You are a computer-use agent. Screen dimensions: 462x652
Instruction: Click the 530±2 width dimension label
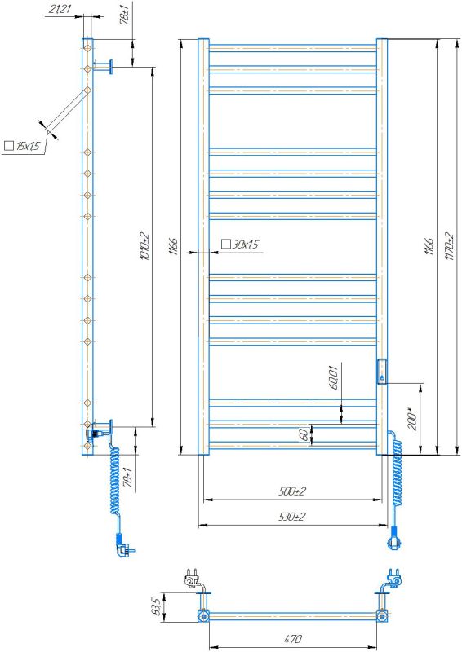pos(291,517)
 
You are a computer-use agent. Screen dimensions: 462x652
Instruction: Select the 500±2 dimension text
pos(291,491)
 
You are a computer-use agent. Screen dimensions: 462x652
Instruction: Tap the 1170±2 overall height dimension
pos(449,246)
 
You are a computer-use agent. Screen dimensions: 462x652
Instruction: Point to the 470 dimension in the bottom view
pos(292,639)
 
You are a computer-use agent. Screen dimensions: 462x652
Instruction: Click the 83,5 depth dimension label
pos(157,607)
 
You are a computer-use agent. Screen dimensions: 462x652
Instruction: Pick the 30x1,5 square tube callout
pos(240,244)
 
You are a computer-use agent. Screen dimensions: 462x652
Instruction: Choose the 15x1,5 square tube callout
pos(22,146)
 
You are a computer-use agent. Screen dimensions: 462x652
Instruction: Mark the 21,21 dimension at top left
pos(60,9)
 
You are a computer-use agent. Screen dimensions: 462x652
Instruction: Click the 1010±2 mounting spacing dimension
pos(144,246)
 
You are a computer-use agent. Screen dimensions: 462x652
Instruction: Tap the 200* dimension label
pos(412,420)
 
